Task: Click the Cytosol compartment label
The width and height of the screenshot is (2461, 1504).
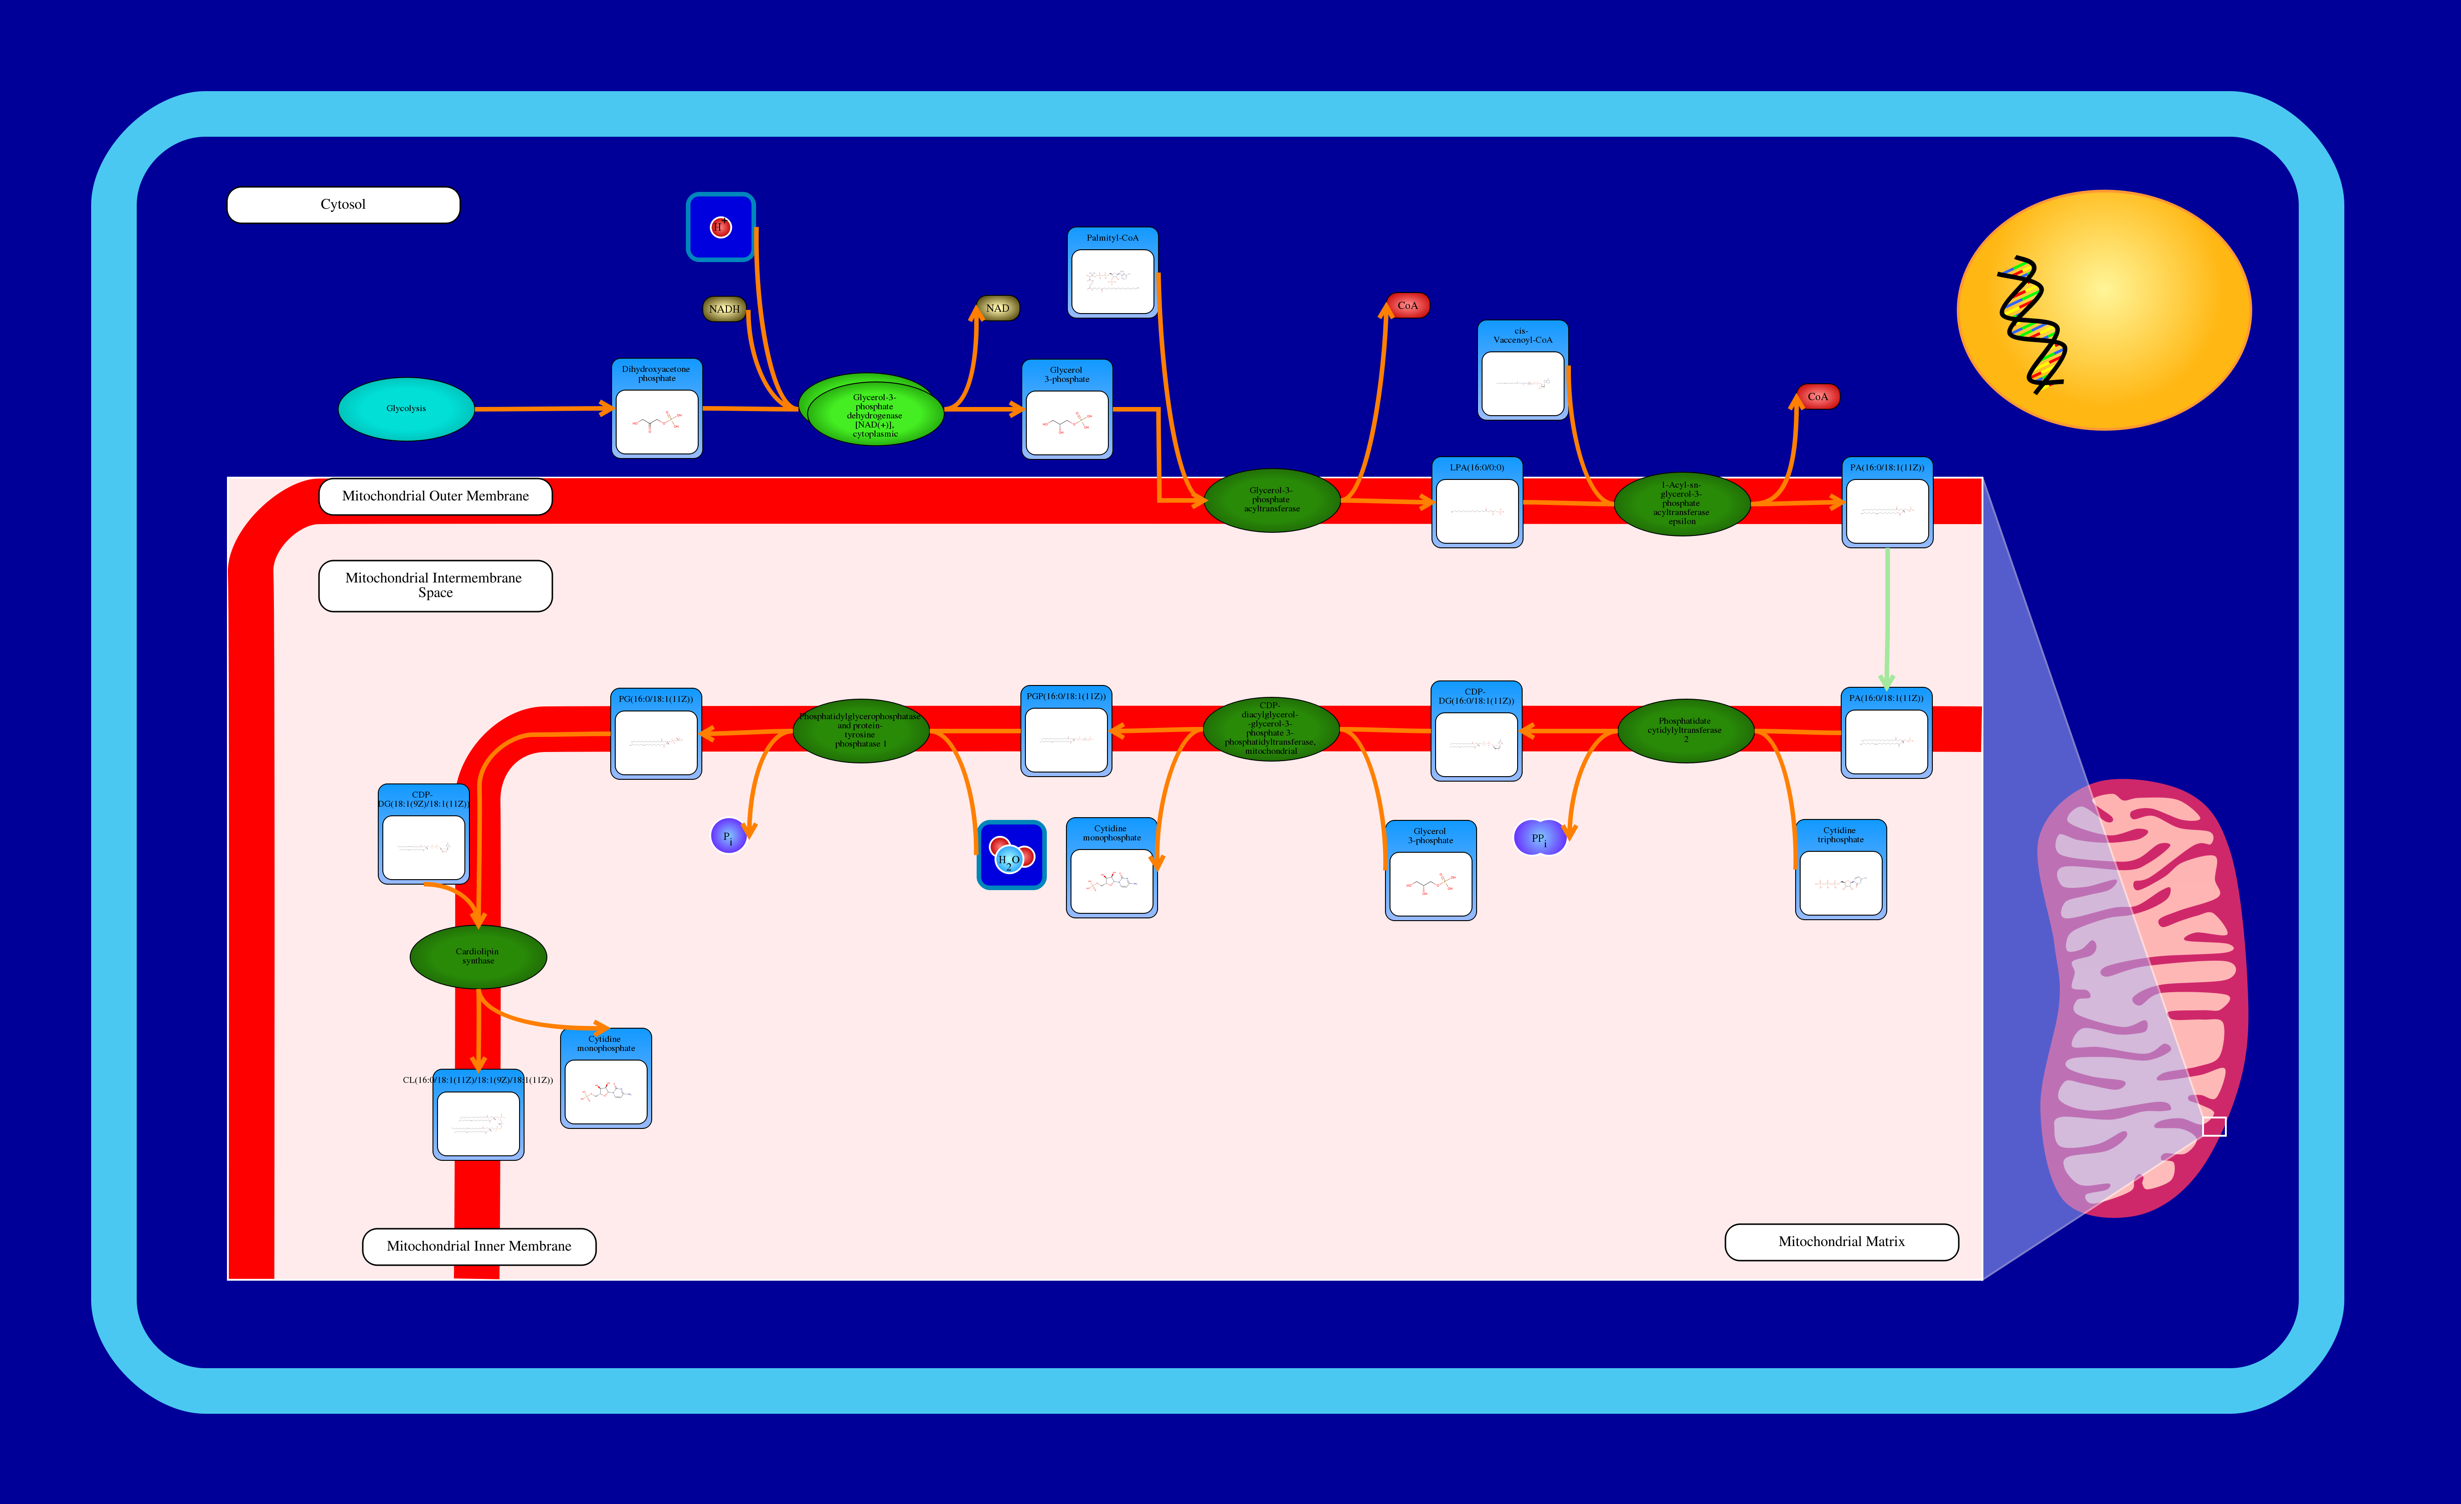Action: coord(343,205)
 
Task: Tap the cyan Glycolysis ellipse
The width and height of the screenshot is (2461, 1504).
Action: coord(406,408)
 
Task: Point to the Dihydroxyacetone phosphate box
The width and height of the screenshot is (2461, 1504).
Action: coord(656,408)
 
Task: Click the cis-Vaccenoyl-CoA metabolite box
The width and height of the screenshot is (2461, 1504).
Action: coord(1522,371)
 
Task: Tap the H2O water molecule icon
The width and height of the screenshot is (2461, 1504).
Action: coord(1011,855)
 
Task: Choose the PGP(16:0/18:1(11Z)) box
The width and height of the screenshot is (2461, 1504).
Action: coord(1066,731)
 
